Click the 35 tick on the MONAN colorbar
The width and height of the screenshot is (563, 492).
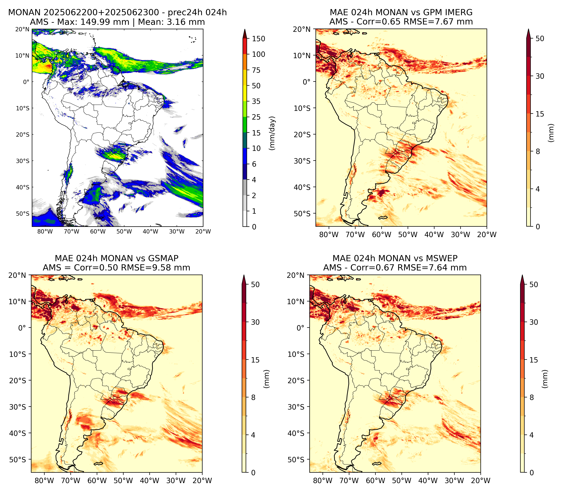point(256,101)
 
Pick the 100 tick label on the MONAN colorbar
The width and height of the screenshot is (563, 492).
point(259,54)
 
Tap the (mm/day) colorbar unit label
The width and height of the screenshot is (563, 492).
point(272,133)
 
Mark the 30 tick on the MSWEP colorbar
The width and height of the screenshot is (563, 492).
point(534,322)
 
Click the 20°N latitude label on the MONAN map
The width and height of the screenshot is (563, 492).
point(22,29)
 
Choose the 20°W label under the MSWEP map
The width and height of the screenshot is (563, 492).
point(481,481)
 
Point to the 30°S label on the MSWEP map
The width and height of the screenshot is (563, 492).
point(296,407)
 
